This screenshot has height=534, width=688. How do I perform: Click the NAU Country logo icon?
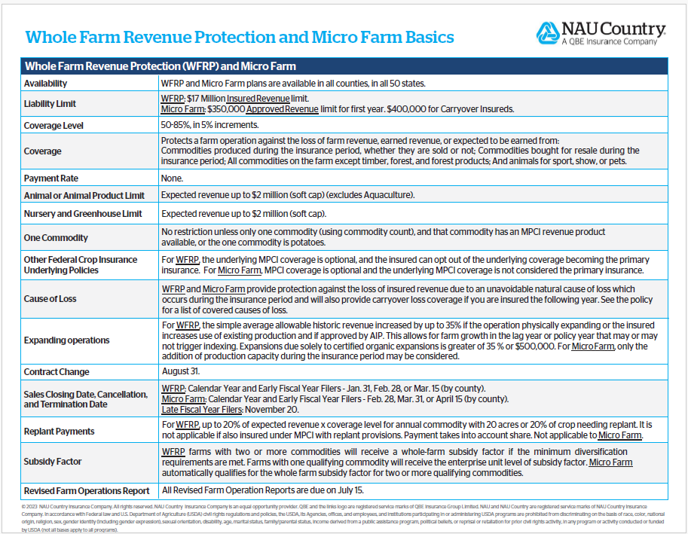pos(548,34)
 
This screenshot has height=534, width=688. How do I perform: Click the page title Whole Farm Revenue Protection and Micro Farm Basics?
pos(240,37)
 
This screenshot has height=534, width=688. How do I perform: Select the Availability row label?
pos(45,84)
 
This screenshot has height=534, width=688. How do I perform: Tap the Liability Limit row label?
pos(50,104)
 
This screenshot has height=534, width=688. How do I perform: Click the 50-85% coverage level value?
pos(177,125)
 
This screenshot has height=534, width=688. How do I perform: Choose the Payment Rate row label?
pos(51,179)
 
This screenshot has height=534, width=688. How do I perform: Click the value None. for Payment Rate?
pos(173,179)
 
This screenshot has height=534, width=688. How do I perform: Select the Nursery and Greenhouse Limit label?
pos(84,214)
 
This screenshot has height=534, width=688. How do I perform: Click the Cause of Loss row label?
pos(50,299)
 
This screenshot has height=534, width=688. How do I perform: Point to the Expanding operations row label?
pos(66,340)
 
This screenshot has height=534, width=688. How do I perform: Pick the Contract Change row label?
pos(57,372)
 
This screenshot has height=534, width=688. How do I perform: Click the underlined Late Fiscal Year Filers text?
pos(201,410)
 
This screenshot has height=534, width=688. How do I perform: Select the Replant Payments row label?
pos(59,432)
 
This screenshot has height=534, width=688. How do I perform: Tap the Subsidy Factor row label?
pos(53,462)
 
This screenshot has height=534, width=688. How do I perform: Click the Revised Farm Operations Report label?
pos(86,490)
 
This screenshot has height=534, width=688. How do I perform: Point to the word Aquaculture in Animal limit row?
pos(384,195)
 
